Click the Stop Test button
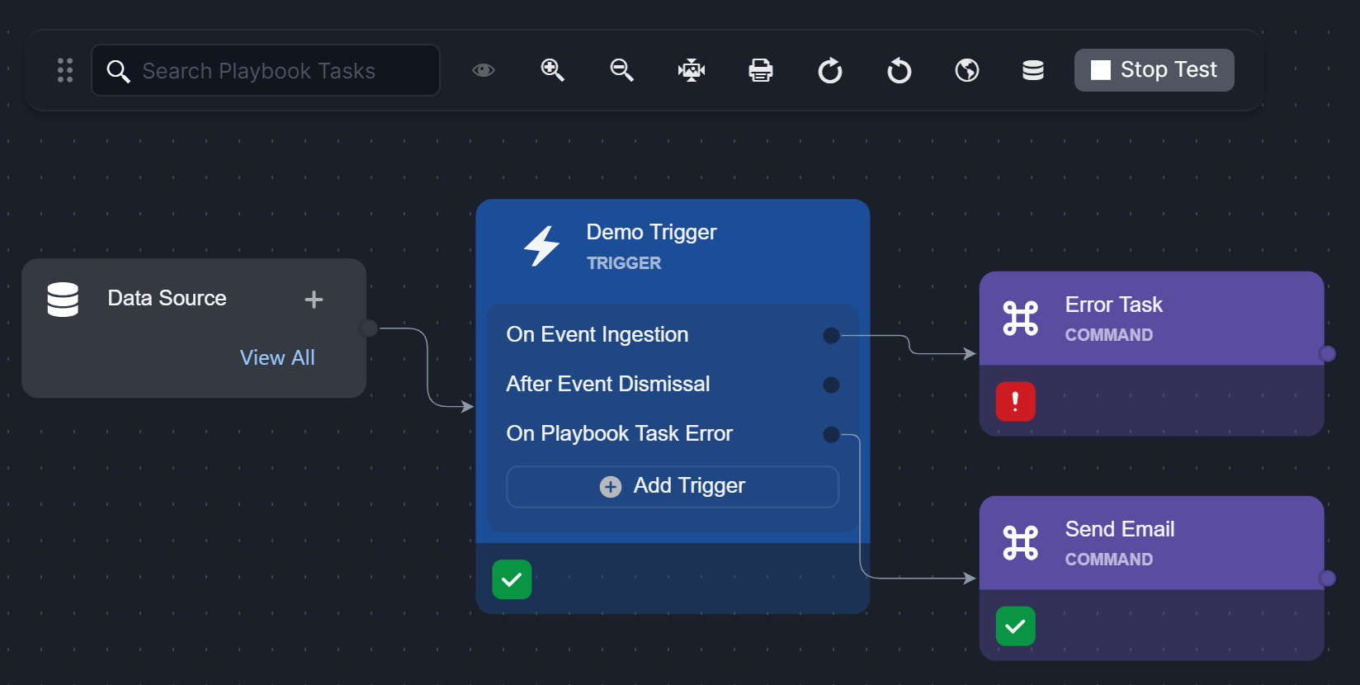coord(1154,70)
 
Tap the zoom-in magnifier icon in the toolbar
coord(552,70)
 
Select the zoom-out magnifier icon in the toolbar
coord(621,70)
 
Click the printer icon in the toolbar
coord(760,70)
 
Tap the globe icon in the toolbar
coord(967,70)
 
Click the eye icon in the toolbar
coord(484,70)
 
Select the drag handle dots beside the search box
coord(65,70)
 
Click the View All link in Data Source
coord(277,357)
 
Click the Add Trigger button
coord(673,486)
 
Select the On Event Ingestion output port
coord(831,335)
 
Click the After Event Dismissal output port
coord(831,385)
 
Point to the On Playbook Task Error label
coord(619,433)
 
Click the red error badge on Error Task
coord(1015,402)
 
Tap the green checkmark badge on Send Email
coord(1015,626)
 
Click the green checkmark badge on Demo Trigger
coord(512,579)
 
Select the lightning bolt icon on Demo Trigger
coord(542,246)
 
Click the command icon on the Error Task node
coord(1020,319)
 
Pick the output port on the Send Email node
coord(1327,579)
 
